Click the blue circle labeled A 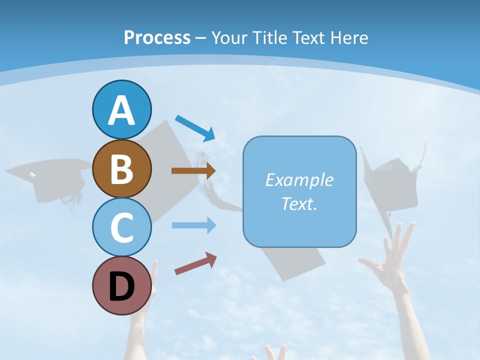121,109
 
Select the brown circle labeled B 121,168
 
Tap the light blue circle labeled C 121,227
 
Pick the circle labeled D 121,285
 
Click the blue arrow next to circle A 195,127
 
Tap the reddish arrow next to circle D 195,263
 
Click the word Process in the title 157,37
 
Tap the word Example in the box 299,180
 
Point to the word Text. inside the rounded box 299,203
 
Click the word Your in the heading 228,37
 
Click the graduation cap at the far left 47,177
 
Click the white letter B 121,168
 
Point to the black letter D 121,286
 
